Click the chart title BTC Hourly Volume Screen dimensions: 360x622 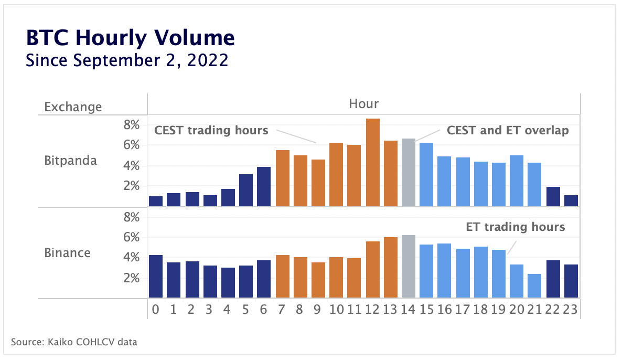pyautogui.click(x=130, y=38)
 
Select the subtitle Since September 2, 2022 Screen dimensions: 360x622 pyautogui.click(x=127, y=60)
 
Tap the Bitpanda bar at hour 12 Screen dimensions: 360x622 pyautogui.click(x=373, y=163)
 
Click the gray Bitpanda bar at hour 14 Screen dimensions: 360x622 pyautogui.click(x=409, y=173)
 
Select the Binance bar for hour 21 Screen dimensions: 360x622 pyautogui.click(x=534, y=286)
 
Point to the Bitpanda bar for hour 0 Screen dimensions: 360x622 pyautogui.click(x=156, y=202)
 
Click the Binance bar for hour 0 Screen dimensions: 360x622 pyautogui.click(x=156, y=277)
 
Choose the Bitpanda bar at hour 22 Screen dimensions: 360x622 pyautogui.click(x=553, y=197)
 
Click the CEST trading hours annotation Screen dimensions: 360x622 pyautogui.click(x=211, y=131)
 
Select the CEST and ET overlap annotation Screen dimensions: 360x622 pyautogui.click(x=507, y=131)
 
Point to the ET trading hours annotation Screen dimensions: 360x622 pyautogui.click(x=515, y=227)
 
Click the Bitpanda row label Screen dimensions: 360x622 pyautogui.click(x=71, y=161)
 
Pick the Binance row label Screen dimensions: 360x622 pyautogui.click(x=67, y=253)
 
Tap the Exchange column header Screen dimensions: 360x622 pyautogui.click(x=73, y=107)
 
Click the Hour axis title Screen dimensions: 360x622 pyautogui.click(x=363, y=104)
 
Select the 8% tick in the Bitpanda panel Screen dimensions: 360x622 pyautogui.click(x=131, y=125)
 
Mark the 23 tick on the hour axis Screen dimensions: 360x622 pyautogui.click(x=571, y=310)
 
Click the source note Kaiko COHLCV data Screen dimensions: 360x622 pyautogui.click(x=74, y=343)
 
